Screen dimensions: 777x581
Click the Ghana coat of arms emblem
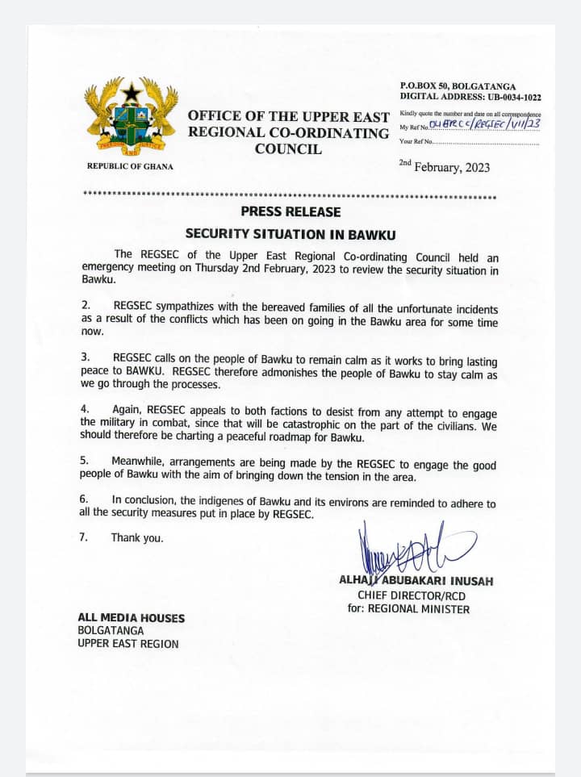[131, 115]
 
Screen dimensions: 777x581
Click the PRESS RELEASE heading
[290, 212]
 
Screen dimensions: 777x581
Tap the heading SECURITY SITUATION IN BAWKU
[290, 234]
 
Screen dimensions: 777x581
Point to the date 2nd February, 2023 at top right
[444, 166]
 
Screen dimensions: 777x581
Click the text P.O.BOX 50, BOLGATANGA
[458, 86]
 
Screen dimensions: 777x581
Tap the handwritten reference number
[486, 123]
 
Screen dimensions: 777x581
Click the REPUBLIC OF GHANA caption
[130, 166]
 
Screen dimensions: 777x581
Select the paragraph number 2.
[86, 308]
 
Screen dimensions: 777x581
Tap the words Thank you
[137, 537]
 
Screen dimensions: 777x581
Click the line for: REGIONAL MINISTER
[408, 608]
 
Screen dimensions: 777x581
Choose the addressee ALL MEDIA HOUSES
[131, 618]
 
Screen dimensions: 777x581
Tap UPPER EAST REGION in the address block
[128, 643]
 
